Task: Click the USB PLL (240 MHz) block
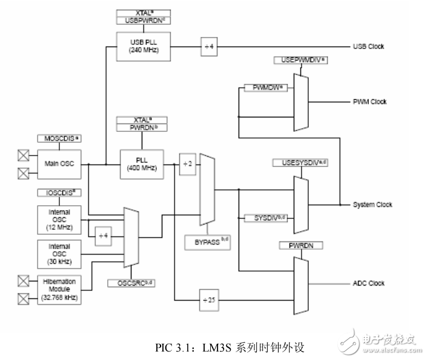144,47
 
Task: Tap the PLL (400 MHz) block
141,163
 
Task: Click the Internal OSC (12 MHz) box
59,220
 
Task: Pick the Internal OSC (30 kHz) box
59,254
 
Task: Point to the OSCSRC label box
131,283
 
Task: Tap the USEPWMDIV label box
302,61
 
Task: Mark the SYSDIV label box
265,217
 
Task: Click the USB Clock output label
368,47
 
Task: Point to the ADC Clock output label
369,283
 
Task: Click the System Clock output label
372,205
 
